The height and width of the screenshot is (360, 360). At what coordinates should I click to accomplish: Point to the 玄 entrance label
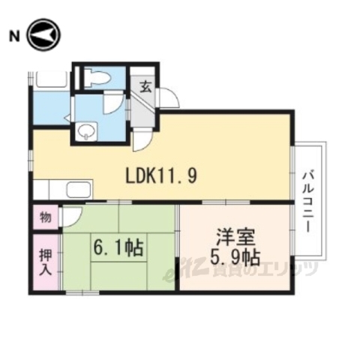145,85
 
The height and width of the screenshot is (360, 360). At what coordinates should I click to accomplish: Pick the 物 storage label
45,217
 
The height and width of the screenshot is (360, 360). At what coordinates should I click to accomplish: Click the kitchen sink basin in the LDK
78,190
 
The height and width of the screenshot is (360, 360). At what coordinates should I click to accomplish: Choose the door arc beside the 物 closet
70,217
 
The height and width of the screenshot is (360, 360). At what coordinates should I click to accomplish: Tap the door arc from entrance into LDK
143,138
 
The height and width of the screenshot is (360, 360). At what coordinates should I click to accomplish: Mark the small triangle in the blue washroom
68,117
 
